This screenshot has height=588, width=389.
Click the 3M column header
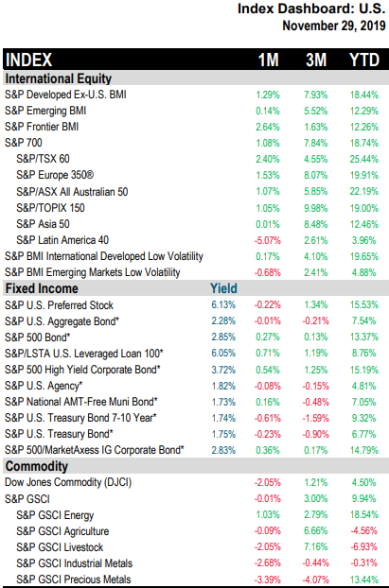tap(316, 60)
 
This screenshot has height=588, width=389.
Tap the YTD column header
tap(364, 60)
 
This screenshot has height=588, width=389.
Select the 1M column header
tap(268, 60)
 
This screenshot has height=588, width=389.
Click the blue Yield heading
tap(223, 288)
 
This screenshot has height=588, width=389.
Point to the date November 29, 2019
tap(334, 26)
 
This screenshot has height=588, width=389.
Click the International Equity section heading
tap(58, 78)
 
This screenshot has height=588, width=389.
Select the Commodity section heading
tap(36, 466)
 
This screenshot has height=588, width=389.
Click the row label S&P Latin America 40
tap(62, 240)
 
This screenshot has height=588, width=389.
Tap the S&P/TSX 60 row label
tap(43, 159)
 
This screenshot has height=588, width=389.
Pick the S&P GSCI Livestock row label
tap(60, 547)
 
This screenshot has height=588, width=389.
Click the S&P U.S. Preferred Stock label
tap(59, 305)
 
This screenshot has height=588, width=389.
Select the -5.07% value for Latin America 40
tap(267, 240)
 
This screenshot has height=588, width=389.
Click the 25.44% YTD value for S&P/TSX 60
tap(363, 159)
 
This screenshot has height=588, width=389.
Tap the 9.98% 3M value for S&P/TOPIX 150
tap(316, 208)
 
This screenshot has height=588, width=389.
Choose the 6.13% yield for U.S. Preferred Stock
tap(223, 305)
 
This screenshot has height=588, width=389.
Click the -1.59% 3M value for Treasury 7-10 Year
tap(316, 418)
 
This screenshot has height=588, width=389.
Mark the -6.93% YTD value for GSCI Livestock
tap(363, 547)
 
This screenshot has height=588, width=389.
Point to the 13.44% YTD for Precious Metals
tap(363, 579)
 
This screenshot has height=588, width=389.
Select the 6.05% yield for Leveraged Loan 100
tap(223, 354)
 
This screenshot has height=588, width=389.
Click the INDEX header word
tap(28, 60)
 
